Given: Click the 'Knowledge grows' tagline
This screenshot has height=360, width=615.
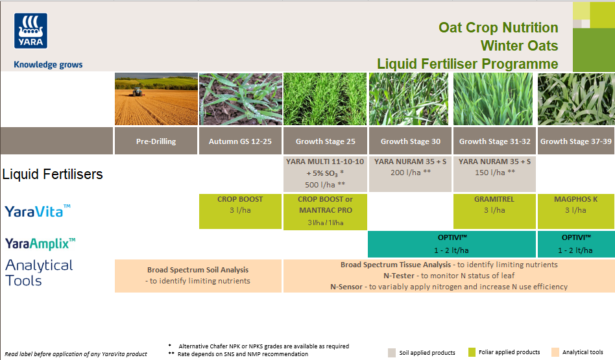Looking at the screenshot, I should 48,65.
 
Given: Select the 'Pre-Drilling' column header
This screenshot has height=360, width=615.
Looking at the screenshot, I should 156,141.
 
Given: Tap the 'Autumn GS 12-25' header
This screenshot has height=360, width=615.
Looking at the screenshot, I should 240,141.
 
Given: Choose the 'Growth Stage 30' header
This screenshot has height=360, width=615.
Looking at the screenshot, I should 410,141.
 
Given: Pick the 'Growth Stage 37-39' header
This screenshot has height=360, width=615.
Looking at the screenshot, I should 576,141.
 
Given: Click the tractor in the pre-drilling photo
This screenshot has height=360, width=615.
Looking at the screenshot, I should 137,93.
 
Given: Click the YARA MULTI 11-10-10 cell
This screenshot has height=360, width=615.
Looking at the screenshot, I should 325,173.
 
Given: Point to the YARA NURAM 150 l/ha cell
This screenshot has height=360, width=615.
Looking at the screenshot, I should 494,167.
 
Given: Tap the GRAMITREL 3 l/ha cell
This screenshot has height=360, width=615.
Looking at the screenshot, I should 494,204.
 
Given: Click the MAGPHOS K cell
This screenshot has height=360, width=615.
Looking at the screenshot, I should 576,204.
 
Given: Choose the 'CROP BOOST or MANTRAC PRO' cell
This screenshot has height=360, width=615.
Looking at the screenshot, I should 325,211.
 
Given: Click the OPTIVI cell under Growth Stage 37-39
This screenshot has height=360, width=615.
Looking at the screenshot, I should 576,243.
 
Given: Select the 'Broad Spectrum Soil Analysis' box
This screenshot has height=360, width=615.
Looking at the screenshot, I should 198,275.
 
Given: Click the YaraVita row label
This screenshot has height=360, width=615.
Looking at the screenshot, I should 38,211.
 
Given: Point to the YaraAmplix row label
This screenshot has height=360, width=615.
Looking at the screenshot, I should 40,243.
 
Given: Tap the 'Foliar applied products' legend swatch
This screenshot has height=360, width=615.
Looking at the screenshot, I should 472,352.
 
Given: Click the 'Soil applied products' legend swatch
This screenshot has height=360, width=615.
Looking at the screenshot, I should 392,353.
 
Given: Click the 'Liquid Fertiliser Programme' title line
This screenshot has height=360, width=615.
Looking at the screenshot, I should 467,64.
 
